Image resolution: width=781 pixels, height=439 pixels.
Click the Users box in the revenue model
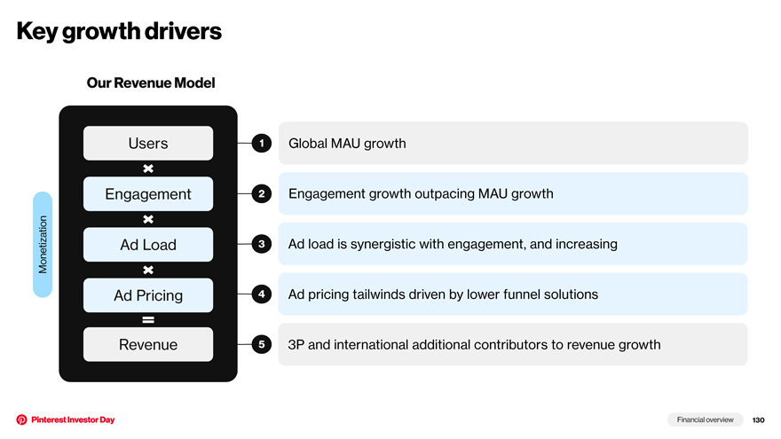[148, 144]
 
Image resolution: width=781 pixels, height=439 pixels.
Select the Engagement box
[148, 193]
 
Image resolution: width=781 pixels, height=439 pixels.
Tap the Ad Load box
[148, 245]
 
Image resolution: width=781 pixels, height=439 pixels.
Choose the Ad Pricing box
[148, 295]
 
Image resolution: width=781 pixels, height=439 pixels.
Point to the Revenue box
[148, 344]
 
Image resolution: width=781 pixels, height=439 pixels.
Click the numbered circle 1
[262, 144]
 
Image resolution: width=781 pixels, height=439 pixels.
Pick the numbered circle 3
[262, 244]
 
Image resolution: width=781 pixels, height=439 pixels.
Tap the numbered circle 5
[262, 344]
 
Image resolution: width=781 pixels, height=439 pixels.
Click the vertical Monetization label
[43, 245]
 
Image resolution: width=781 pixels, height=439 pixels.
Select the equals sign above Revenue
[148, 320]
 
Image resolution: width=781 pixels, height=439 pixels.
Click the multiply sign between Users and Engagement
[148, 169]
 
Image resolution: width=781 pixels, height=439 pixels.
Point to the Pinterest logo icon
[21, 419]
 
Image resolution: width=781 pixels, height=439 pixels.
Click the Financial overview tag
[705, 419]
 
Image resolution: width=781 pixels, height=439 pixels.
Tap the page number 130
[758, 420]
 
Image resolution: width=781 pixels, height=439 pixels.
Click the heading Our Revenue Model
[151, 82]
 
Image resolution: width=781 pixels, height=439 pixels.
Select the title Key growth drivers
[119, 31]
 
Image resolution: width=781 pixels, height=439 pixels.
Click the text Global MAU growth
[347, 144]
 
